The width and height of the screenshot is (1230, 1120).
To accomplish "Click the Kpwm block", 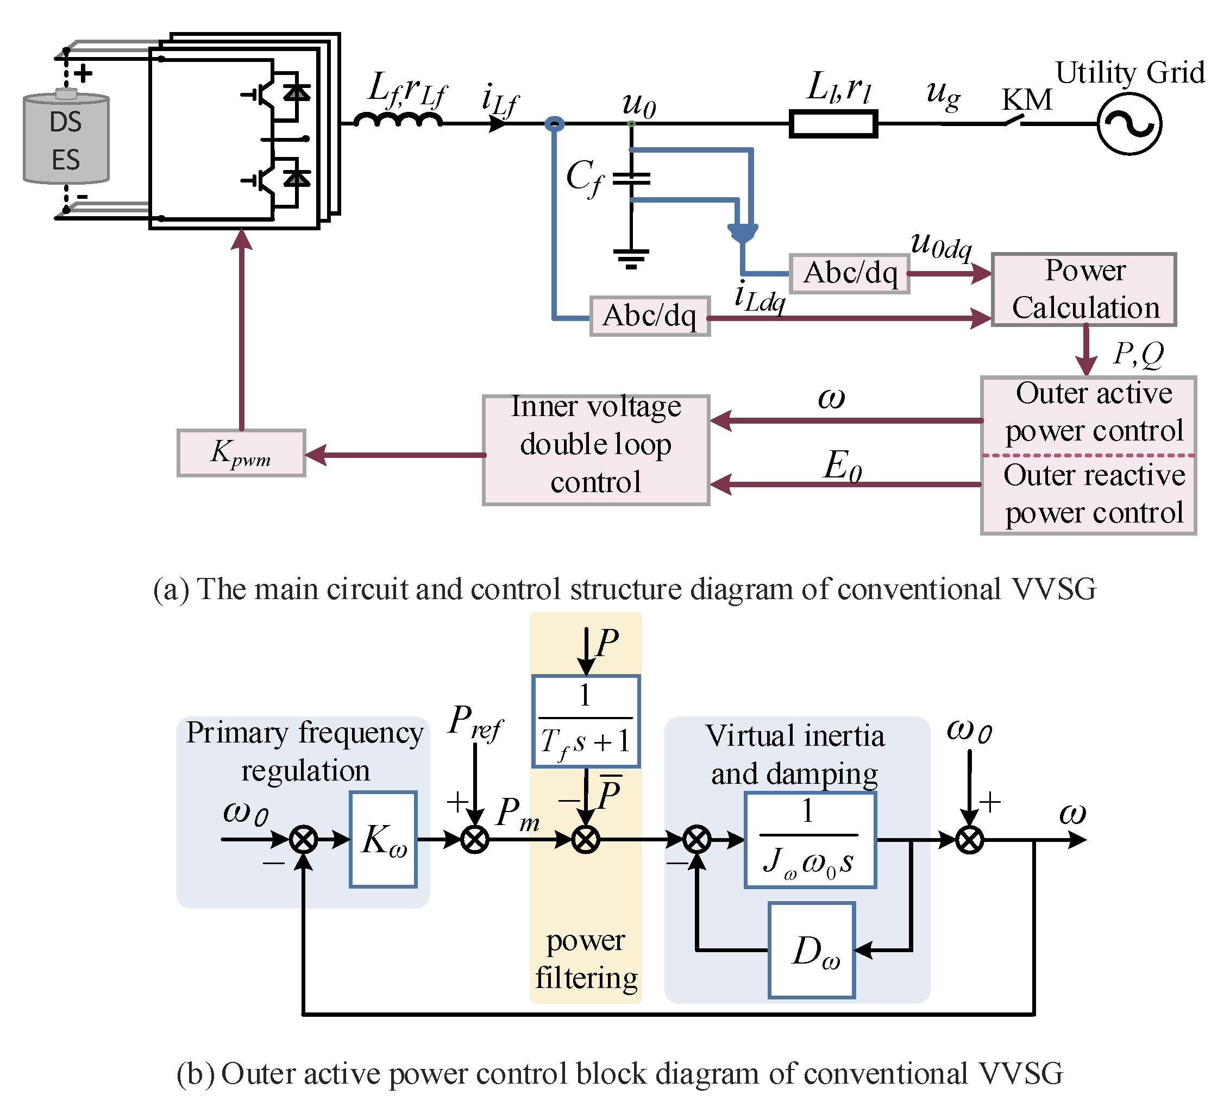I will pyautogui.click(x=241, y=452).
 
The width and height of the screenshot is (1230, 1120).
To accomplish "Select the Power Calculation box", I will pyautogui.click(x=1083, y=289).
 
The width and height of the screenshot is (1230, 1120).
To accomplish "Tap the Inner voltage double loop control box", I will pyautogui.click(x=596, y=450).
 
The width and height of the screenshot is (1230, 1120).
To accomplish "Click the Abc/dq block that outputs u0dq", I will pyautogui.click(x=849, y=273).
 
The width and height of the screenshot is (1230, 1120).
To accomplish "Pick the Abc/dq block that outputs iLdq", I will pyautogui.click(x=650, y=316).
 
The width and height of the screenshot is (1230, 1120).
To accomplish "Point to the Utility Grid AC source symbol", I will pyautogui.click(x=1129, y=124).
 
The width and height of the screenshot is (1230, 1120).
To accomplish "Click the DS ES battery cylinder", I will pyautogui.click(x=66, y=139).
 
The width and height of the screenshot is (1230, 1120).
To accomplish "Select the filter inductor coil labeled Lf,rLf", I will pyautogui.click(x=398, y=119).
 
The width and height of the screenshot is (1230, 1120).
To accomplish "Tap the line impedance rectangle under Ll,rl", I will pyautogui.click(x=833, y=124).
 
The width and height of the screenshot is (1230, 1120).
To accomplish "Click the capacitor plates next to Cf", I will pyautogui.click(x=631, y=179).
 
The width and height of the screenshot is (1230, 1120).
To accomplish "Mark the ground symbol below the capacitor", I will pyautogui.click(x=631, y=258).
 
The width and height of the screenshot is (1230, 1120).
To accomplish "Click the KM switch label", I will pyautogui.click(x=1027, y=99).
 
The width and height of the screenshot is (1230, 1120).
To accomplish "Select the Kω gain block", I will pyautogui.click(x=383, y=839).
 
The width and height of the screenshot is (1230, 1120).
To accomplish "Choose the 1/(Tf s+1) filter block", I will pyautogui.click(x=586, y=720).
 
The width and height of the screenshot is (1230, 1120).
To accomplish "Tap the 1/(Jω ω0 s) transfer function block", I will pyautogui.click(x=810, y=839).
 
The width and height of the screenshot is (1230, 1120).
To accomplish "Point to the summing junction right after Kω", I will pyautogui.click(x=475, y=839).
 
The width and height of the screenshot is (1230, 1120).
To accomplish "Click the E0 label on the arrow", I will pyautogui.click(x=843, y=466).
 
